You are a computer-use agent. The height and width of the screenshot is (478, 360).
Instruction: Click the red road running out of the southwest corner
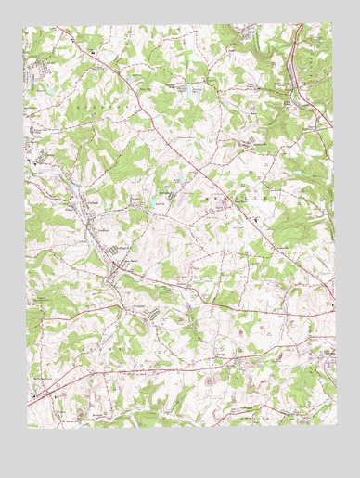coord(46,390)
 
